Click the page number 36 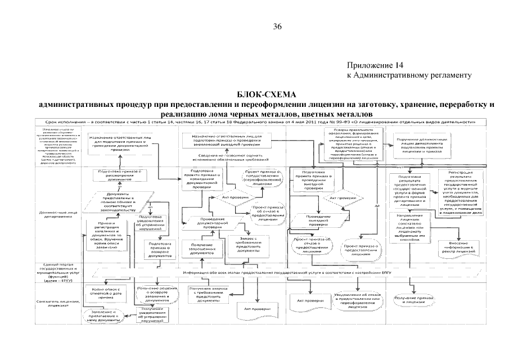(x=277, y=26)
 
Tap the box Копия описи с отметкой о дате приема (x=103, y=292)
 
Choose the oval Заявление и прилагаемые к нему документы (x=103, y=315)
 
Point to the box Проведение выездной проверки (x=318, y=219)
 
